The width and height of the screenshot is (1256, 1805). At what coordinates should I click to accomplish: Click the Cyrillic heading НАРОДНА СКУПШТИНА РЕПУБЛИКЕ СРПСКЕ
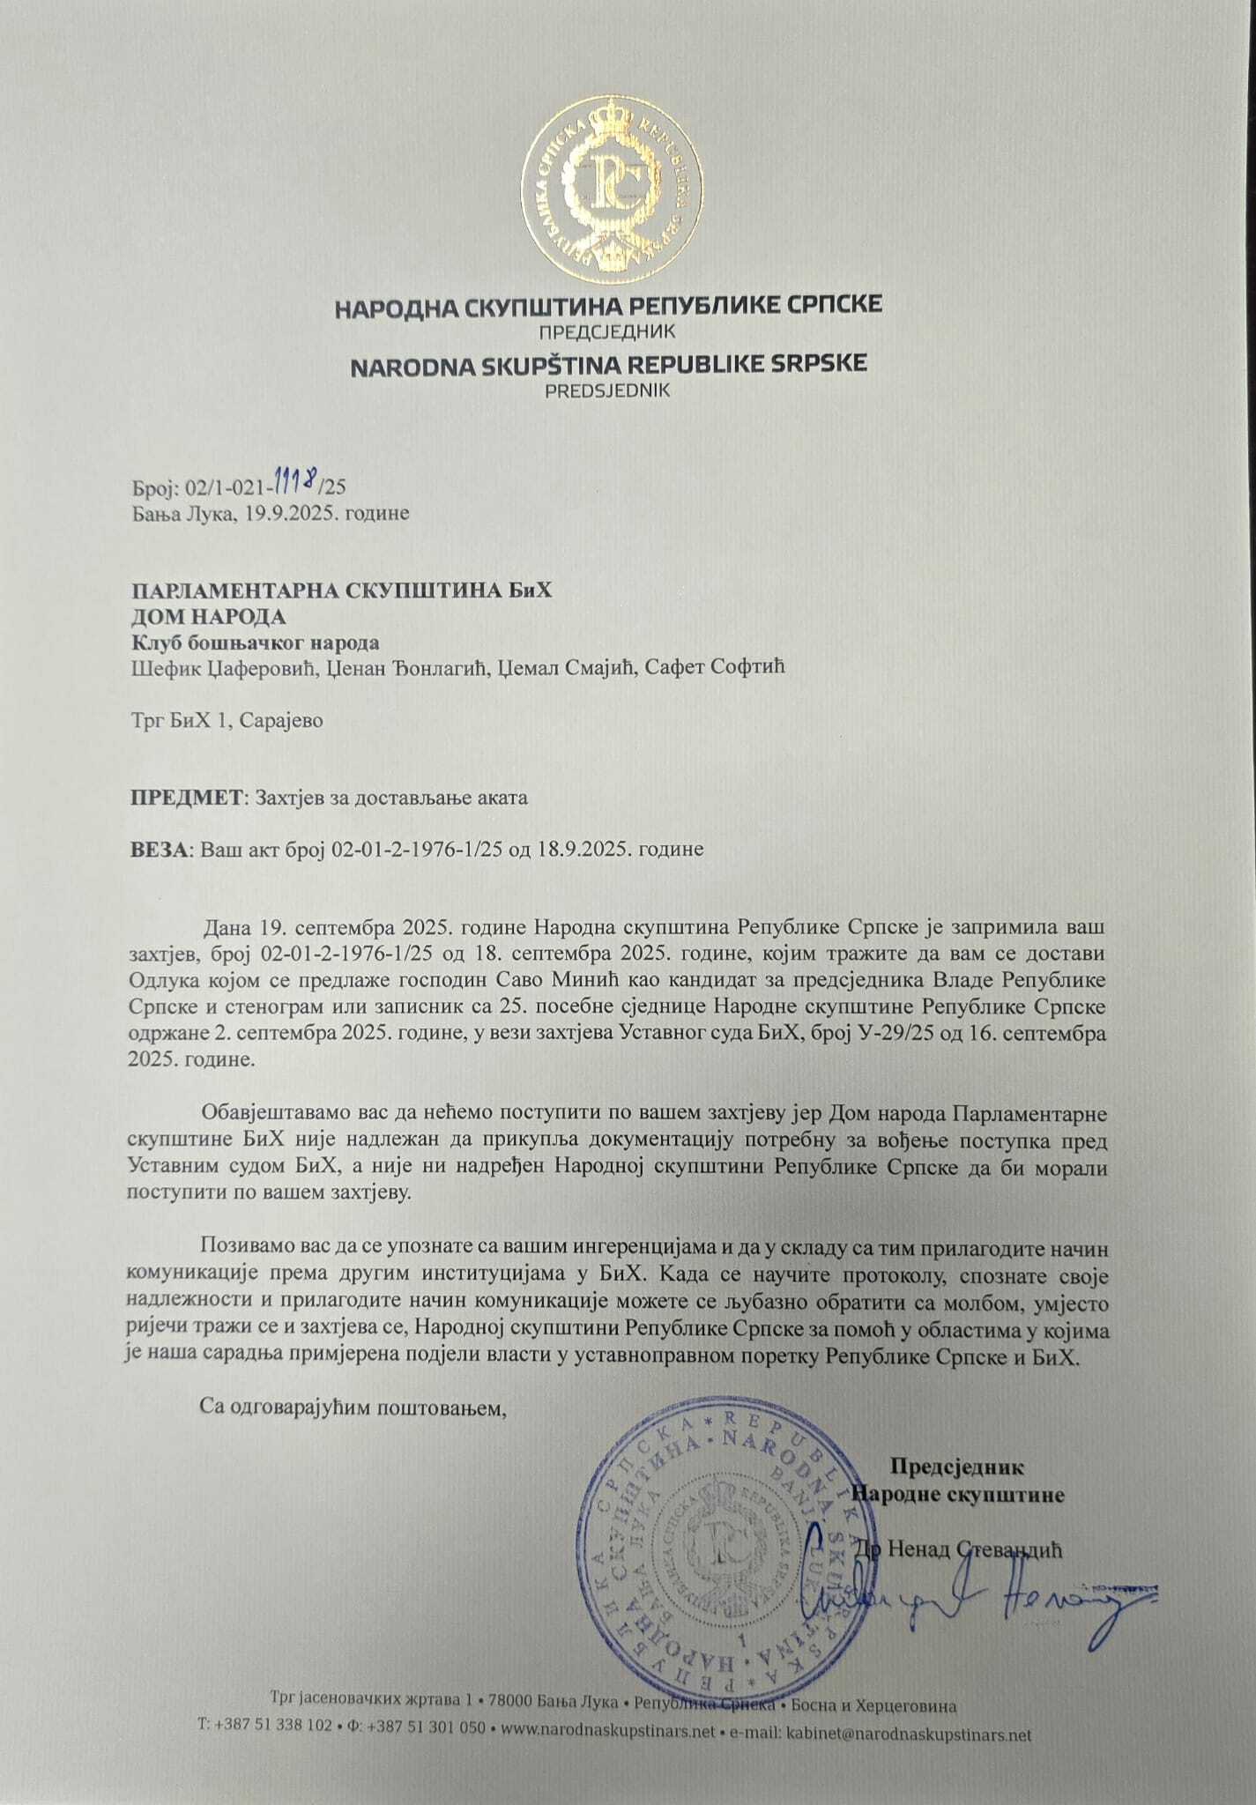coord(609,306)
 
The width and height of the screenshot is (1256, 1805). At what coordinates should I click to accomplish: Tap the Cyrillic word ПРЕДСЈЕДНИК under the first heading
coord(609,333)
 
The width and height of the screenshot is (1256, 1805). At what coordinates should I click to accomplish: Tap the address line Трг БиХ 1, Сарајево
coord(227,720)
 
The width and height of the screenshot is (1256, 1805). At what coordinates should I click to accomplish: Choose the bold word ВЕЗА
coord(159,850)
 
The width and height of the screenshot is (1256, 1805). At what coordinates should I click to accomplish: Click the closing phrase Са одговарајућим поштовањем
coord(354,1407)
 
